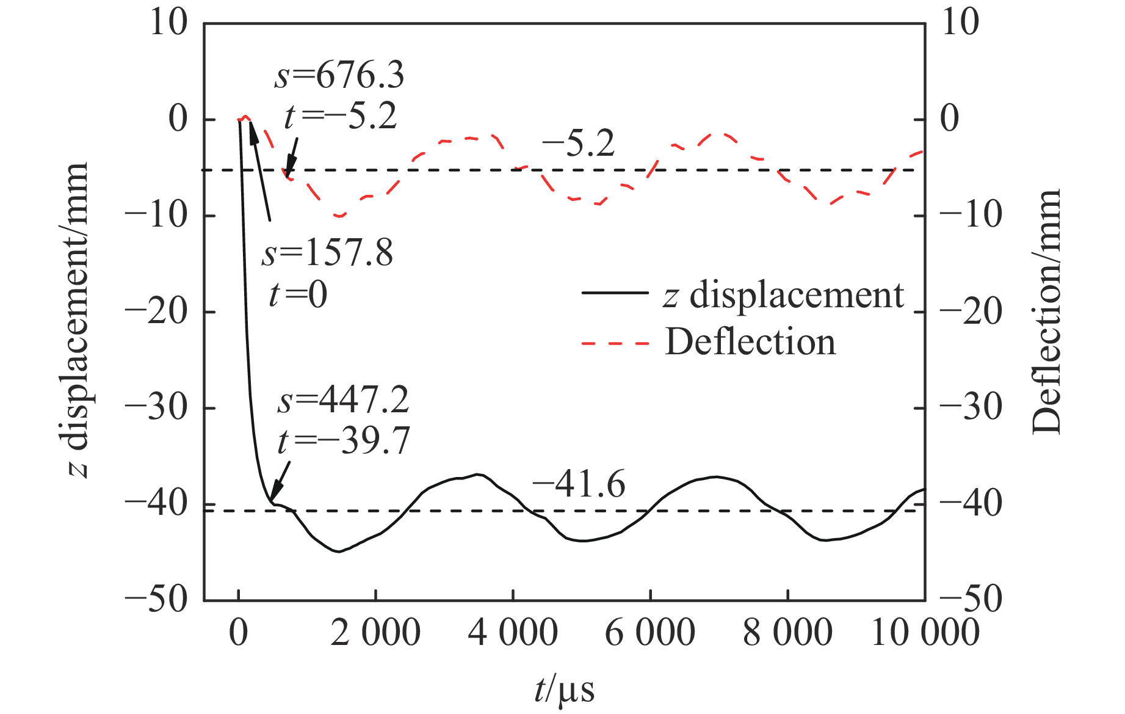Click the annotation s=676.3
click(339, 76)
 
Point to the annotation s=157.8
click(328, 253)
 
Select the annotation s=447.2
click(344, 400)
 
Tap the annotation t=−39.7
click(344, 440)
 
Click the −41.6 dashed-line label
click(578, 485)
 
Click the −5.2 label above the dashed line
click(578, 144)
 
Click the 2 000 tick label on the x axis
click(375, 632)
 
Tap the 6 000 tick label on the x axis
click(650, 632)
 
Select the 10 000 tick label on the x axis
click(925, 632)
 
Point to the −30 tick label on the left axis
click(156, 407)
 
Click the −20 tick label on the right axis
click(971, 311)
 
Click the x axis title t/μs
click(564, 691)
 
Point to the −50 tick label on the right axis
click(971, 600)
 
